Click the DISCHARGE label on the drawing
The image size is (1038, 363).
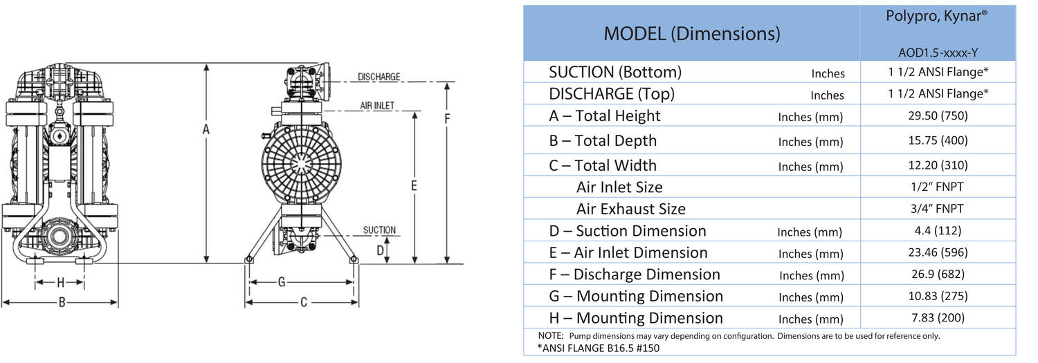(379, 77)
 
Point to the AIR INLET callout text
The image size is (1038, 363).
(377, 106)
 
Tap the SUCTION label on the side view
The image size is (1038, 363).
(379, 230)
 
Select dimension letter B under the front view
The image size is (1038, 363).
(62, 302)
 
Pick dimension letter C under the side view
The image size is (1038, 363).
(302, 302)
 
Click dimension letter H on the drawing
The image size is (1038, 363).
(61, 282)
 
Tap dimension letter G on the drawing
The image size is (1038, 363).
(282, 282)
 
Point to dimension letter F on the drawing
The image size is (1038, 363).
(447, 118)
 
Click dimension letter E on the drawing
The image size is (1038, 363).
(414, 185)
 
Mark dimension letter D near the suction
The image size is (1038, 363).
(380, 250)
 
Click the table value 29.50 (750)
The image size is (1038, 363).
(938, 115)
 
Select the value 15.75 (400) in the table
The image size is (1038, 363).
(938, 140)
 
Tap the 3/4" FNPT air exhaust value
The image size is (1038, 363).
(938, 208)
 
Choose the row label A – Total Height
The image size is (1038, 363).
(605, 116)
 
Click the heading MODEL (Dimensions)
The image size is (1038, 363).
(691, 33)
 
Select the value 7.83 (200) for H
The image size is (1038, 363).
(938, 317)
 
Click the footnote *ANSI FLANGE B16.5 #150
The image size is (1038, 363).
(599, 348)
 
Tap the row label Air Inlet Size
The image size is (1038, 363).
(619, 187)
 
